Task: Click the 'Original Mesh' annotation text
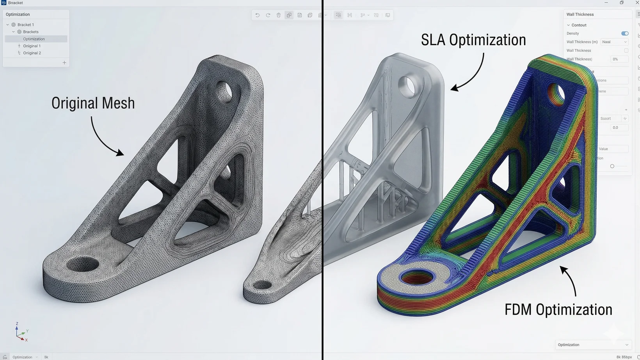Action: pyautogui.click(x=93, y=103)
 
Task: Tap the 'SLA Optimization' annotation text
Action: pyautogui.click(x=473, y=40)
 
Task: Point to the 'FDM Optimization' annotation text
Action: pyautogui.click(x=558, y=310)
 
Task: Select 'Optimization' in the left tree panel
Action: pyautogui.click(x=34, y=39)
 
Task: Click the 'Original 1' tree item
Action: pyautogui.click(x=32, y=46)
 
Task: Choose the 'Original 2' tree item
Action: pyautogui.click(x=32, y=53)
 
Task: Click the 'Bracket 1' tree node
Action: pyautogui.click(x=25, y=25)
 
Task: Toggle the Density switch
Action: pyautogui.click(x=625, y=34)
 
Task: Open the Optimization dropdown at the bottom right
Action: pyautogui.click(x=593, y=345)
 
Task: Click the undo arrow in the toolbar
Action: pyautogui.click(x=257, y=15)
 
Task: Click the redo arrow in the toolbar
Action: pyautogui.click(x=268, y=15)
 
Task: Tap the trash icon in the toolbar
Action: pyautogui.click(x=279, y=15)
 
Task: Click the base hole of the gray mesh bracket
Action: pyautogui.click(x=83, y=265)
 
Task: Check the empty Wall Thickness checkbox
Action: pyautogui.click(x=626, y=51)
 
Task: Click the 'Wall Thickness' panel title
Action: pyautogui.click(x=580, y=14)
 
